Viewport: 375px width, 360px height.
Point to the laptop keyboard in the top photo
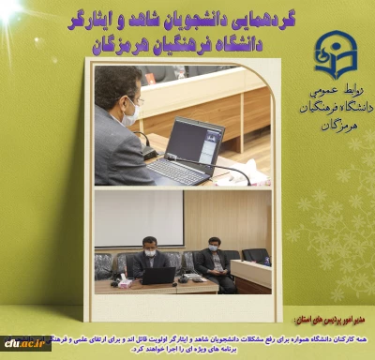[175, 172]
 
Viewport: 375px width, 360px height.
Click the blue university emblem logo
[334, 55]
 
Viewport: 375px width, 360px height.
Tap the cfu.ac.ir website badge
[24, 344]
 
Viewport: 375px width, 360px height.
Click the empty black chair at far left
[103, 263]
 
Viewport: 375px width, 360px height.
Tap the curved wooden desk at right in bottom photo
[250, 273]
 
